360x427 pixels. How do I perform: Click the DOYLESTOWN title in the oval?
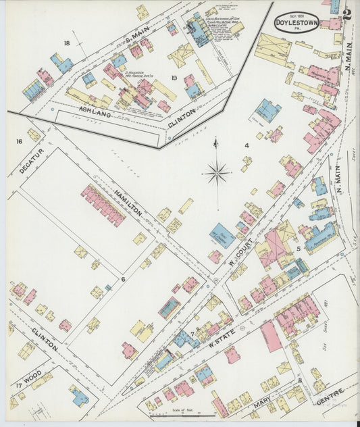tap(297, 22)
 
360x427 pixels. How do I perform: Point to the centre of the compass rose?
tap(217, 173)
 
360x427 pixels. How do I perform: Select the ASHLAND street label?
tap(93, 108)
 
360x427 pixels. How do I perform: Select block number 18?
tap(67, 43)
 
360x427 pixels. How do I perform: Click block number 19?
tap(174, 78)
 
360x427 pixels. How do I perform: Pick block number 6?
tap(123, 278)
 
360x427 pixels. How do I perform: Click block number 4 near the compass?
tap(247, 145)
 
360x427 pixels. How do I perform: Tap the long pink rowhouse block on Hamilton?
tap(103, 204)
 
